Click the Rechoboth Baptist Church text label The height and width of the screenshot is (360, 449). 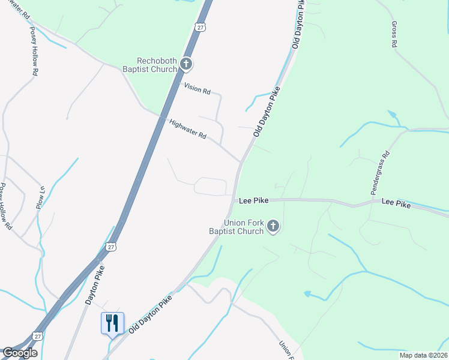157,65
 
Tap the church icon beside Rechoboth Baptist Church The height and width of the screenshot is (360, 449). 186,63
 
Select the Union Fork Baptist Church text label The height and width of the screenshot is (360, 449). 236,227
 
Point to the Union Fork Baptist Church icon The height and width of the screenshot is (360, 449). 273,226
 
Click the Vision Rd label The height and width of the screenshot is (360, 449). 197,88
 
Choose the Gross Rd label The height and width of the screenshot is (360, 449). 394,34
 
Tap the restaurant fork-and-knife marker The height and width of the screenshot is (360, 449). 112,323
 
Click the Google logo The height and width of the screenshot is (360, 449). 19,353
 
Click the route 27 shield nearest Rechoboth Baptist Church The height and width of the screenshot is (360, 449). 200,26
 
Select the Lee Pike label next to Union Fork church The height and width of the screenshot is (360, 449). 253,200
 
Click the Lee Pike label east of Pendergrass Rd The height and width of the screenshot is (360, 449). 396,205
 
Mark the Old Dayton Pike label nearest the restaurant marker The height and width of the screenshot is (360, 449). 150,313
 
